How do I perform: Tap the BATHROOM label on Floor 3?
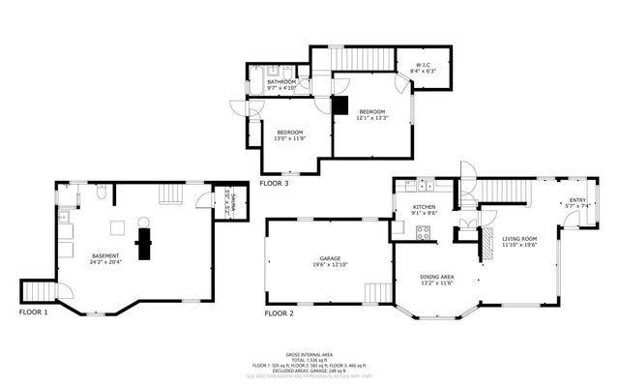tap(281, 82)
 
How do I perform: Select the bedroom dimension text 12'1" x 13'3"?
tap(372, 119)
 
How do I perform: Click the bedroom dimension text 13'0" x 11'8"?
tap(290, 138)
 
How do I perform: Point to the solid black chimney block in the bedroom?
tap(340, 104)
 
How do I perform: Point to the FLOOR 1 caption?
tap(33, 312)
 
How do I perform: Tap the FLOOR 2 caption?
tap(279, 312)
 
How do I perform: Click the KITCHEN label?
tap(426, 207)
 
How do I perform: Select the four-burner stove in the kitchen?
tap(422, 231)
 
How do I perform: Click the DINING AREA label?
tap(437, 277)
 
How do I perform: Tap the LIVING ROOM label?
tap(519, 238)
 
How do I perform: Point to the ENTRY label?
tap(576, 200)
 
